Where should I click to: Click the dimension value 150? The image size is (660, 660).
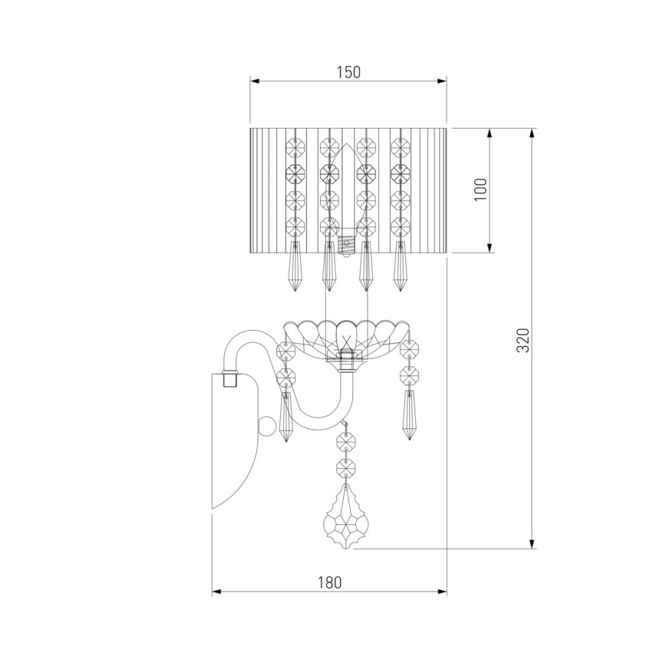tap(348, 72)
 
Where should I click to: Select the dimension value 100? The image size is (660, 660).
tap(482, 189)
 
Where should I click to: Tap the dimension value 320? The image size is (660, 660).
tap(522, 340)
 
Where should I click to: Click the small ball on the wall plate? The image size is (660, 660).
tap(265, 426)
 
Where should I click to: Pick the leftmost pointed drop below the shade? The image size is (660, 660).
tap(294, 267)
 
